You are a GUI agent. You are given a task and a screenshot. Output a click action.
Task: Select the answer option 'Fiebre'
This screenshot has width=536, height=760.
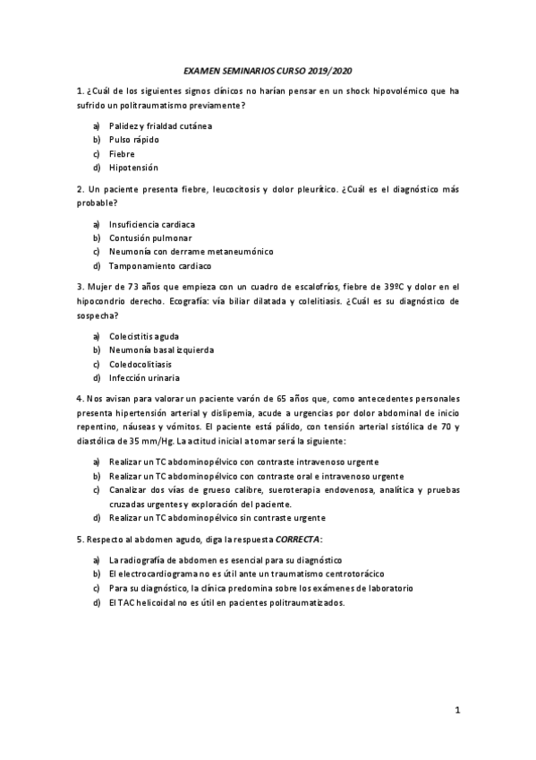[x=122, y=153]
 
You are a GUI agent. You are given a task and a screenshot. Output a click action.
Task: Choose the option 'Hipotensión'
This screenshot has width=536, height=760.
[x=133, y=168]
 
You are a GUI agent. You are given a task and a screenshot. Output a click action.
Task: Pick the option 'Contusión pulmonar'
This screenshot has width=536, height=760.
[x=150, y=237]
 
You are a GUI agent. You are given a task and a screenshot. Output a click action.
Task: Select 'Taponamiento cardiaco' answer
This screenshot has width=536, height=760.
[x=160, y=265]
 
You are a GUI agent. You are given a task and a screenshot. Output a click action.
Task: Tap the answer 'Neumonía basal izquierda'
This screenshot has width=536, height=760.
[x=162, y=350]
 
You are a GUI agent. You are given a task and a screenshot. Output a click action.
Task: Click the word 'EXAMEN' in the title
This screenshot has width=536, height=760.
[x=202, y=70]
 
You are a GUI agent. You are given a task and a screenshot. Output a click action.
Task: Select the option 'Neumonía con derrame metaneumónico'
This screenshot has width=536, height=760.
[x=191, y=252]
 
